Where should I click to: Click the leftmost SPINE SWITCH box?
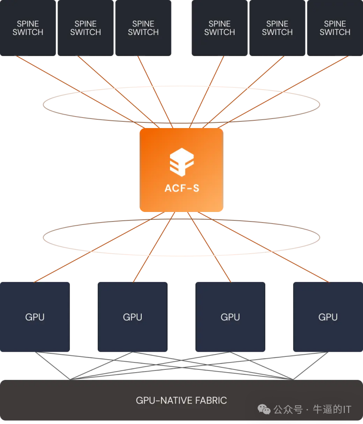[28, 28]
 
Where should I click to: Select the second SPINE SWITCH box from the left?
[85, 28]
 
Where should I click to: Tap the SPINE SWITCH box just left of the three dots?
[143, 28]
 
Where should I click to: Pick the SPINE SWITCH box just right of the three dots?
[220, 28]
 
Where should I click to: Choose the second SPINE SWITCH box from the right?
[277, 28]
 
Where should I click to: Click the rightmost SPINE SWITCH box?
[335, 28]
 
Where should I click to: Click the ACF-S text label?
[181, 188]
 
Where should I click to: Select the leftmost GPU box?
[34, 317]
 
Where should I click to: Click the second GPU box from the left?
[133, 317]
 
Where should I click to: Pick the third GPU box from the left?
[230, 317]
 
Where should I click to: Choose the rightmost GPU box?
[328, 317]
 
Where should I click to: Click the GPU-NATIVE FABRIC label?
[181, 400]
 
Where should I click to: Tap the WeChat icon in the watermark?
[264, 409]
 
